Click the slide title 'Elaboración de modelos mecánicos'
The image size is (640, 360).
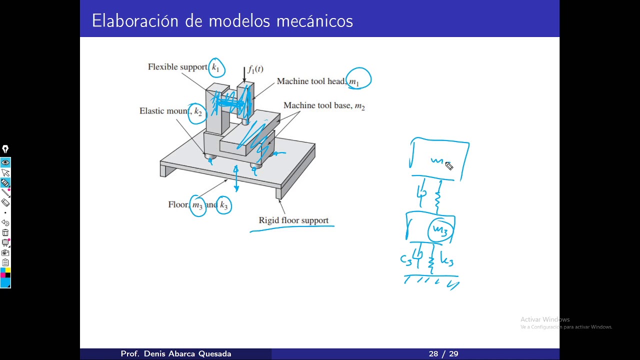[x=222, y=21]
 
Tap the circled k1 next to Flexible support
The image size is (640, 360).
[x=216, y=67]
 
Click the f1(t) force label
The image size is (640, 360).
[x=255, y=69]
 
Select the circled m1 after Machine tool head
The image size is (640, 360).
[x=355, y=80]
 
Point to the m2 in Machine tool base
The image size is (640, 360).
[x=359, y=106]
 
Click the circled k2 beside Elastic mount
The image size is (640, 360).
[x=198, y=112]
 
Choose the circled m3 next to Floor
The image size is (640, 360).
[x=198, y=205]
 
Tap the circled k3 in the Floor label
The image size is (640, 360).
[x=223, y=205]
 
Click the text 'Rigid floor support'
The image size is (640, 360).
[x=293, y=220]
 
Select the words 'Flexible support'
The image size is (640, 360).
[x=177, y=67]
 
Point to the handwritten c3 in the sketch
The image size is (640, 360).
[x=405, y=259]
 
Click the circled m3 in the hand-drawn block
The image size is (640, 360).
[x=440, y=230]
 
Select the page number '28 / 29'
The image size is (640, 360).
[x=443, y=354]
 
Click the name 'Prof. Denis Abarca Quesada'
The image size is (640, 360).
[x=176, y=354]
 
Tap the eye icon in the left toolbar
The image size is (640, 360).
[x=5, y=162]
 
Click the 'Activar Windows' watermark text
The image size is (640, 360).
[x=545, y=319]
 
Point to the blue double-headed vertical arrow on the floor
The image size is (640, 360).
[x=236, y=179]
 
